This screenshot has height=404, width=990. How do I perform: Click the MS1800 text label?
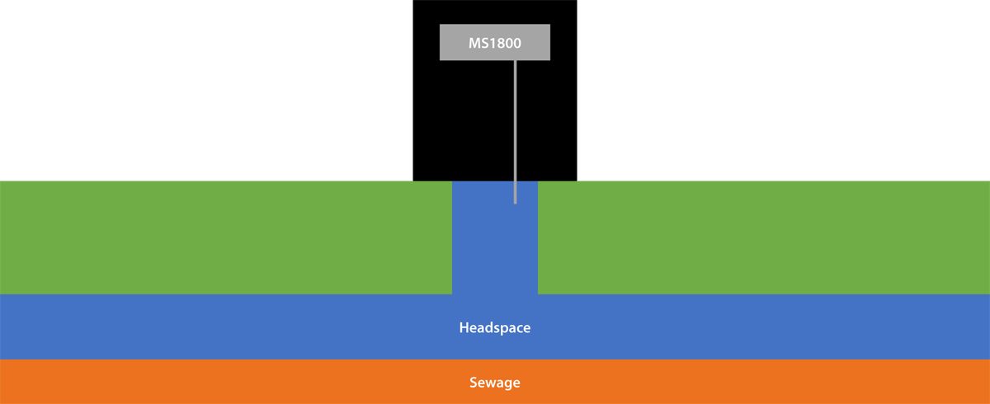click(495, 43)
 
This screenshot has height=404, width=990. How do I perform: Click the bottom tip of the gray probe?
click(515, 202)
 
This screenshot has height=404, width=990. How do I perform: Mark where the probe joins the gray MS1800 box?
click(515, 61)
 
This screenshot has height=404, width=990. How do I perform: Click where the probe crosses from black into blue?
click(515, 181)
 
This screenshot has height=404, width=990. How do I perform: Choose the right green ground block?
click(763, 237)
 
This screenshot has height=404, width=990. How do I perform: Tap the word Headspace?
click(495, 327)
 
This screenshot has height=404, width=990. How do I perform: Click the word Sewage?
click(495, 383)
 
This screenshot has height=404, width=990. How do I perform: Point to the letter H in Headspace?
click(464, 327)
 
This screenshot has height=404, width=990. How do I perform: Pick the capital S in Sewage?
click(474, 383)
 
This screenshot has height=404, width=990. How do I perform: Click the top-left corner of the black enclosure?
click(413, 2)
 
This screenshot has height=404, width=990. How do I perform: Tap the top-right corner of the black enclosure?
click(576, 2)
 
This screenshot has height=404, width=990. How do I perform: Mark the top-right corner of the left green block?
click(451, 181)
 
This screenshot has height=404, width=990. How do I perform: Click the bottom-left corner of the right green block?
click(539, 293)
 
